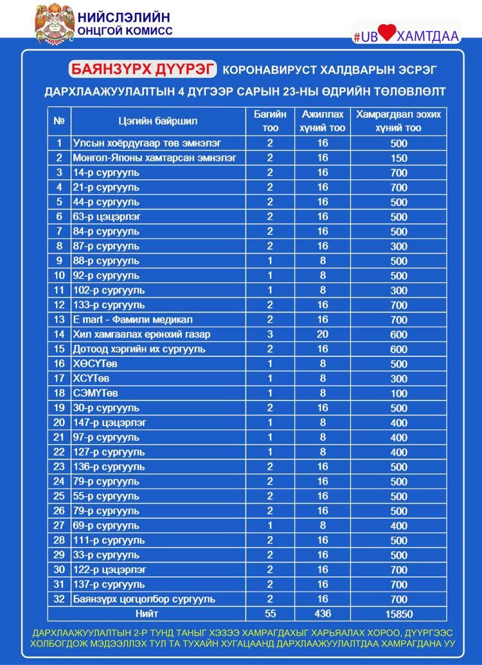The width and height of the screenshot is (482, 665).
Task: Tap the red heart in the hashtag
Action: click(x=388, y=33)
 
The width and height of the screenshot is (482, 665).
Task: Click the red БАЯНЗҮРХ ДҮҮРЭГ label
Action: click(x=143, y=69)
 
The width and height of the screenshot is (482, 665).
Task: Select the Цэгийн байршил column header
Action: click(x=158, y=121)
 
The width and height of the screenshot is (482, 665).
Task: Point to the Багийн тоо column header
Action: click(x=270, y=121)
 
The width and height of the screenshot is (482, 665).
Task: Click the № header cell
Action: click(x=59, y=121)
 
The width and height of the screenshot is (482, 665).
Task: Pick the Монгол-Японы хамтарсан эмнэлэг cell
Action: click(x=155, y=158)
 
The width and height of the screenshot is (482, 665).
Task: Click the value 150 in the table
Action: click(x=398, y=158)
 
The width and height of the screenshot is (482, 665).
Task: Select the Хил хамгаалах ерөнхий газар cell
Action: click(x=141, y=334)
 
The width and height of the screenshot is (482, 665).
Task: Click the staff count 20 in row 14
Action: click(x=323, y=334)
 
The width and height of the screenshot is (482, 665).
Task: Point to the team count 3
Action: click(x=270, y=334)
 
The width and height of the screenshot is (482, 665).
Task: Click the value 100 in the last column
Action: click(x=398, y=393)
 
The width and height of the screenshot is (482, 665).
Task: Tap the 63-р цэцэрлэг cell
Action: click(x=107, y=217)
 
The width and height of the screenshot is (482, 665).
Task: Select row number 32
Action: click(x=59, y=599)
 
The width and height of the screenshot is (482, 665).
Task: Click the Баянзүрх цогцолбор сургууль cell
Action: click(x=143, y=599)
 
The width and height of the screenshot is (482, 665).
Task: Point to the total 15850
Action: click(x=398, y=614)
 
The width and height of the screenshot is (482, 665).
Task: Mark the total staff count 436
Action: click(x=323, y=614)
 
